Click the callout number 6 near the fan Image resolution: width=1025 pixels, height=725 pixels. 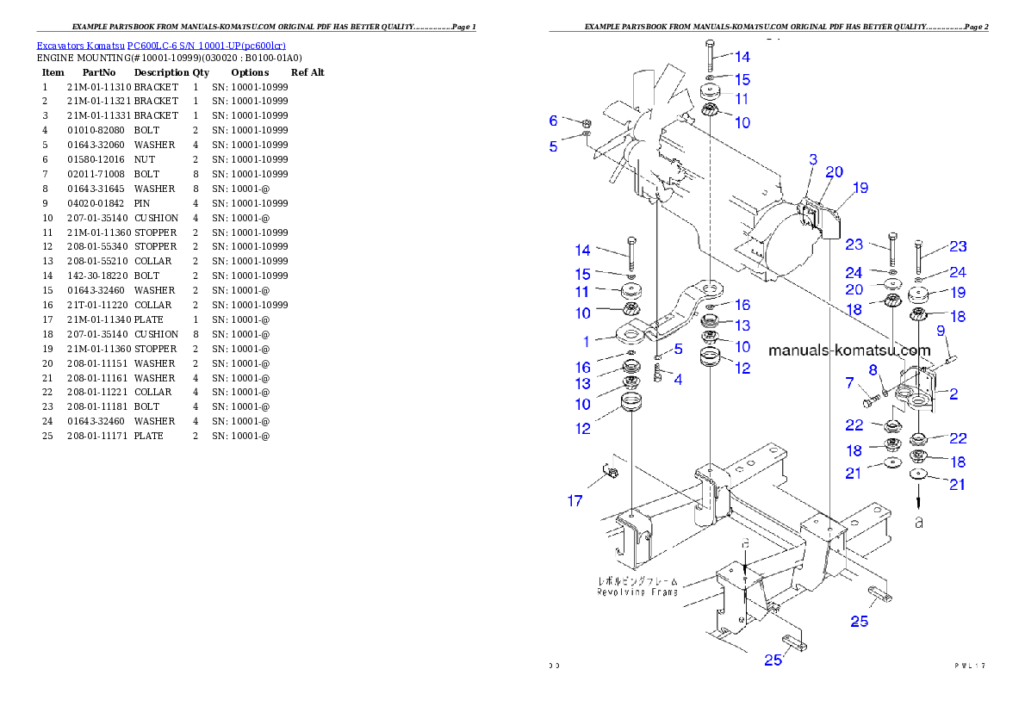click(554, 121)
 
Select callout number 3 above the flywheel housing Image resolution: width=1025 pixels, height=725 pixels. click(812, 159)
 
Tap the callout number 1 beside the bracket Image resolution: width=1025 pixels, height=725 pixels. click(587, 342)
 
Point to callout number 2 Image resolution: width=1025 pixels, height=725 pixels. click(954, 394)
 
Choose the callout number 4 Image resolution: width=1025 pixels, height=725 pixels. click(678, 379)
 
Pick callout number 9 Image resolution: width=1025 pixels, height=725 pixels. click(941, 330)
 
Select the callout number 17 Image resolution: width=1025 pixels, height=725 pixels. click(575, 500)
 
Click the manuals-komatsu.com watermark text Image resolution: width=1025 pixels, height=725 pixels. click(848, 350)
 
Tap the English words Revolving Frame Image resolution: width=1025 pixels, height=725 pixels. click(637, 592)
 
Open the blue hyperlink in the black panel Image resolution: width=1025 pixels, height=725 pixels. click(161, 45)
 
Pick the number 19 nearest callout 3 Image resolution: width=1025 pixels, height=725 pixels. click(860, 188)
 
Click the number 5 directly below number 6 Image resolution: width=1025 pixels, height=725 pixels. click(554, 146)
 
